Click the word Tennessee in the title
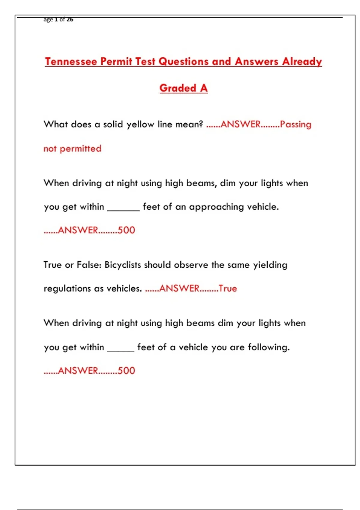[71, 61]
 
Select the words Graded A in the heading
[183, 88]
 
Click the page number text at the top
[58, 19]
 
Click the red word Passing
[295, 124]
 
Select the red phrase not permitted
[72, 148]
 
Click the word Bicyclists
[123, 265]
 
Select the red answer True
[228, 289]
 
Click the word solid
[113, 124]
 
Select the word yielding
[270, 265]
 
